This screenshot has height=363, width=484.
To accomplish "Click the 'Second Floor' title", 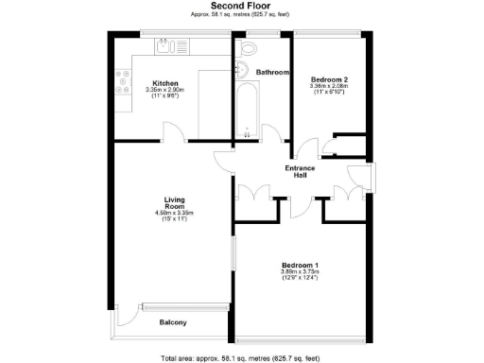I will click(241, 6).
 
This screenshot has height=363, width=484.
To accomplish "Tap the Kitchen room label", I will click(165, 82).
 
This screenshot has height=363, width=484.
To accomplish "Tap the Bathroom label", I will click(272, 72).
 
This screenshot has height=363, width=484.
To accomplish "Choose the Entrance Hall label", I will click(300, 171).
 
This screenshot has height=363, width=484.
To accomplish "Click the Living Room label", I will click(174, 202).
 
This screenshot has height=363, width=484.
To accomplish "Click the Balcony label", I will click(172, 323).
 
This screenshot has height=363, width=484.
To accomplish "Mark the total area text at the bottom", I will click(242, 357).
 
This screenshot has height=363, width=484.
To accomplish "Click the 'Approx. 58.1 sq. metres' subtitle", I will click(242, 15).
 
